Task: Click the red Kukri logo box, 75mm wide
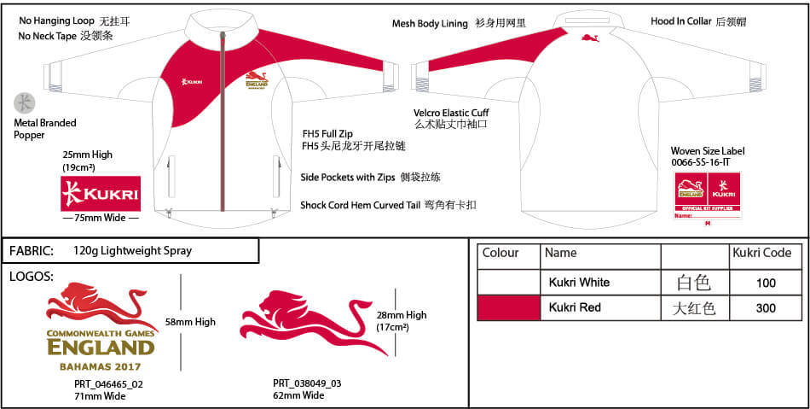(x=101, y=194)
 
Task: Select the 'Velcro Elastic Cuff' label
(x=451, y=113)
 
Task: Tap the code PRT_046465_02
(x=108, y=384)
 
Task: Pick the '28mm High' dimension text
(x=401, y=315)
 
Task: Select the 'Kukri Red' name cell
(x=579, y=307)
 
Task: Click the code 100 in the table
(x=766, y=283)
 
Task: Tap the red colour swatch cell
(x=508, y=307)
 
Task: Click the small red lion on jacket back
(x=588, y=38)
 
